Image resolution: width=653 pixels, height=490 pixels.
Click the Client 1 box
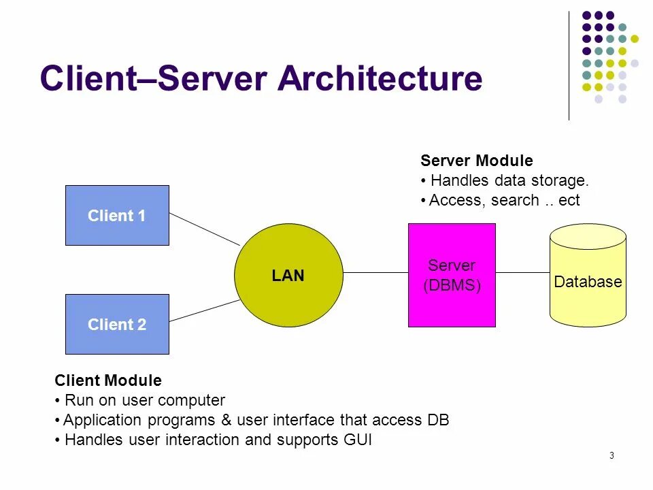click(x=117, y=216)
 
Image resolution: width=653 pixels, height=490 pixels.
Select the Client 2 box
click(x=117, y=324)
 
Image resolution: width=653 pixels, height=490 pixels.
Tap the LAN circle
click(x=288, y=275)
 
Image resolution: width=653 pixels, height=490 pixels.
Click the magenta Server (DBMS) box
click(x=452, y=275)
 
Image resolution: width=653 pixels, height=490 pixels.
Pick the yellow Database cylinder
click(x=588, y=275)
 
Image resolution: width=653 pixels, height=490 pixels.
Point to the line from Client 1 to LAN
click(x=205, y=229)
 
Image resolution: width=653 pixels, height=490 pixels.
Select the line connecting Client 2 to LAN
click(x=205, y=311)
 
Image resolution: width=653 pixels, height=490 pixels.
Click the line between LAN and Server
click(x=375, y=272)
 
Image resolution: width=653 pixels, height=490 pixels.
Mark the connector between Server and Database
click(x=522, y=272)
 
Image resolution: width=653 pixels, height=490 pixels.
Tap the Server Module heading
click(x=477, y=161)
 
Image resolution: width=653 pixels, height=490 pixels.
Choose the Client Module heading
click(x=108, y=380)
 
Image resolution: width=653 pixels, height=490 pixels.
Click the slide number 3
click(x=612, y=455)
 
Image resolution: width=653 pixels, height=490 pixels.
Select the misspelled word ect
click(x=569, y=200)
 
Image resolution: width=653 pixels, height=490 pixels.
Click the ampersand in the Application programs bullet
click(x=226, y=420)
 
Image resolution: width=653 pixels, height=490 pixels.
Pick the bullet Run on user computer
click(x=140, y=400)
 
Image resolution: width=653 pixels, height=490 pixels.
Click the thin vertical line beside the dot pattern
click(x=569, y=65)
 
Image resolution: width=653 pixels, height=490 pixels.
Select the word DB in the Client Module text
click(x=439, y=420)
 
